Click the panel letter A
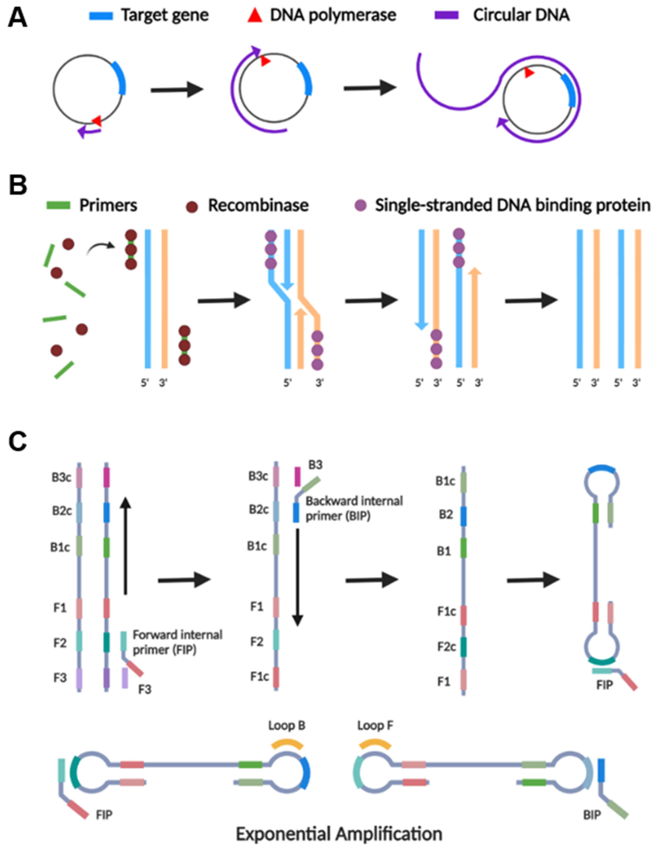click(x=18, y=18)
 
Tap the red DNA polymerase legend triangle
click(x=255, y=16)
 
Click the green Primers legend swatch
click(x=58, y=205)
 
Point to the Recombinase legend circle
click(x=192, y=206)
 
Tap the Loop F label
click(x=375, y=726)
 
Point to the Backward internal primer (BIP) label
click(x=354, y=508)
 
